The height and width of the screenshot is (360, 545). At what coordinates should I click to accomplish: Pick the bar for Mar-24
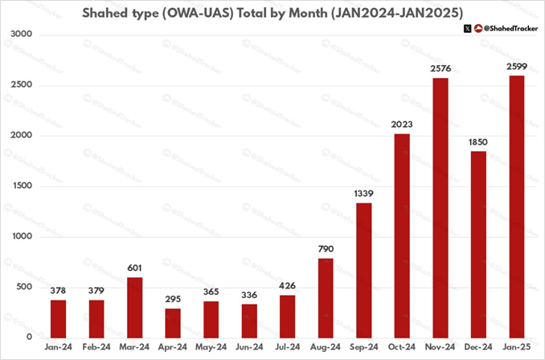[x=134, y=307]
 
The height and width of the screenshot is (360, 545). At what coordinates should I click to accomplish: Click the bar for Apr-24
[x=173, y=322]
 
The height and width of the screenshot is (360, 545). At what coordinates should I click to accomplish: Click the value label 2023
[x=402, y=125]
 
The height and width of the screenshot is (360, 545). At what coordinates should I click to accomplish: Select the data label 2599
[x=517, y=67]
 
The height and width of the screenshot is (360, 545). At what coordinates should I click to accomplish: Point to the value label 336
[x=249, y=295]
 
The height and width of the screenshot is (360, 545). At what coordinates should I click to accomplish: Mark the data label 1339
[x=364, y=194]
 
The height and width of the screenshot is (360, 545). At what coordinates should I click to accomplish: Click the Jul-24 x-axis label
[x=288, y=348]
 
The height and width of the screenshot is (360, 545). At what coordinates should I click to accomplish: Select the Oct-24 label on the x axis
[x=402, y=348]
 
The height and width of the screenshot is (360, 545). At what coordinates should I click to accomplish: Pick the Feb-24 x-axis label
[x=96, y=348]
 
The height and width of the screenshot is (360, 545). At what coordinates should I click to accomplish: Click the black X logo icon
[x=467, y=29]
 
